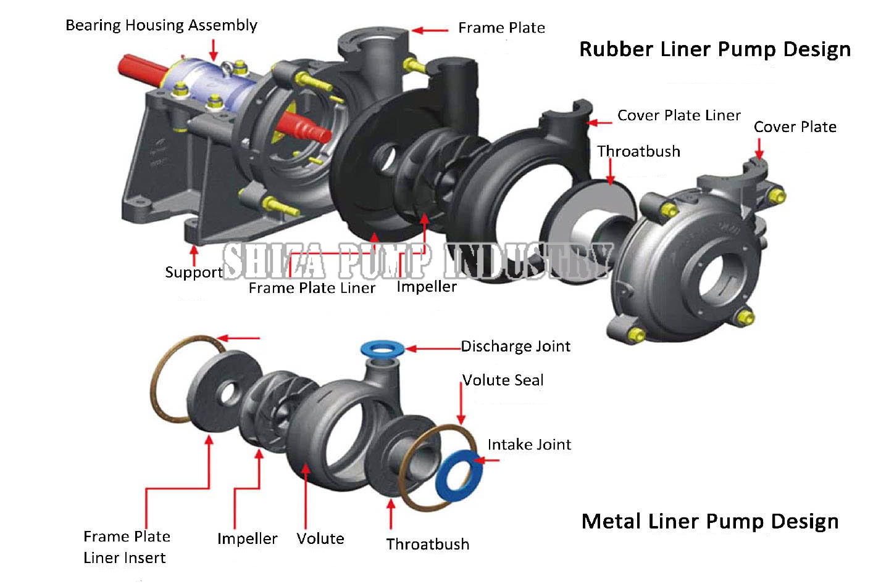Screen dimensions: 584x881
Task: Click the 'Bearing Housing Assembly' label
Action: pos(161,25)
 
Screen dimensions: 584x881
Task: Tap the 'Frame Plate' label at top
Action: pos(501,28)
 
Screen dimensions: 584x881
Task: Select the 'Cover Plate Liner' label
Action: pos(678,115)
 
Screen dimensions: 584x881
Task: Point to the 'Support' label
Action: pos(193,273)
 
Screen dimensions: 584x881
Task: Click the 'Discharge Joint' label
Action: pos(516,347)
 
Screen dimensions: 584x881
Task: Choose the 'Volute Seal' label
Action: pos(503,380)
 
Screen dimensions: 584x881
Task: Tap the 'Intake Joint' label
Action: pos(529,445)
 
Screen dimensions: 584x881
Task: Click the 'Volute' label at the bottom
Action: pos(320,539)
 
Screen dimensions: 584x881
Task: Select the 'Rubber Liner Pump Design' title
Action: pos(714,49)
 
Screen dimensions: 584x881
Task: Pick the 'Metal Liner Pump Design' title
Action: pos(710,522)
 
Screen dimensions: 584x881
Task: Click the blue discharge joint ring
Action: pos(383,348)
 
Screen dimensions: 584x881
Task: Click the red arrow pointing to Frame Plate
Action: pos(430,30)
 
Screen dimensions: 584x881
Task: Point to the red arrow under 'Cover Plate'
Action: pos(759,148)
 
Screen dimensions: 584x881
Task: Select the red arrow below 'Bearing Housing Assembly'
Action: pos(214,49)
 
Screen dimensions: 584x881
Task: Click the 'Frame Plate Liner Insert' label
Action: pos(126,547)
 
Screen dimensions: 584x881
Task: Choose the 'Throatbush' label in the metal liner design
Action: pos(427,545)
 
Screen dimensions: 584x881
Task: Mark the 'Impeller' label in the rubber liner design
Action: pos(426,287)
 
